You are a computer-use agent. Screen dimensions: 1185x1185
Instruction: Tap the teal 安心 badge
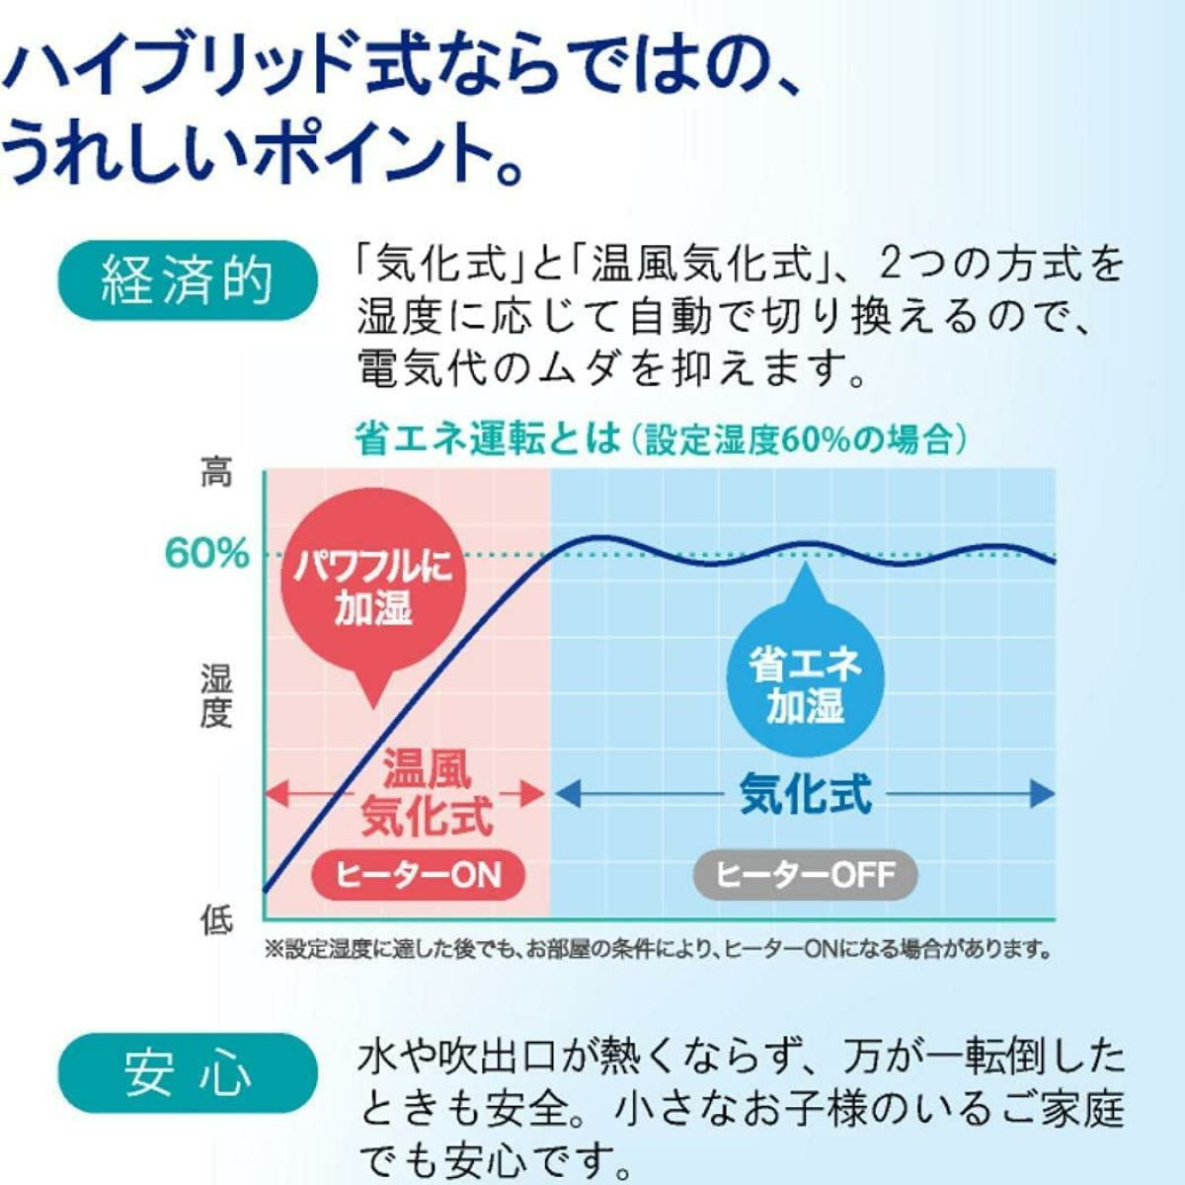tap(187, 1072)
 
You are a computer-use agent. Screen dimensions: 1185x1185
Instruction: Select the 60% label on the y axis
tap(206, 554)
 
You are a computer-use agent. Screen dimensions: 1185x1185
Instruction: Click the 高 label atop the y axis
tap(216, 473)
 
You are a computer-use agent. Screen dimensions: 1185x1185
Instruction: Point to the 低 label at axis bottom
tap(216, 920)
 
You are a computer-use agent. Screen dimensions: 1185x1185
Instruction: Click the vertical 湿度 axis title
tap(216, 695)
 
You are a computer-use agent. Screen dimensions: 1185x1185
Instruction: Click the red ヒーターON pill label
tap(418, 874)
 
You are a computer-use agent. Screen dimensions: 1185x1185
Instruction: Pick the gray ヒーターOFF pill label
tap(805, 874)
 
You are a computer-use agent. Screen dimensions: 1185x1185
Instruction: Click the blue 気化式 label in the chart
tap(805, 793)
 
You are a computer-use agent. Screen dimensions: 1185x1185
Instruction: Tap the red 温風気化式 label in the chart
tap(427, 792)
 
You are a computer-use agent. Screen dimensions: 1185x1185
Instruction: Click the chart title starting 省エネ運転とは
tap(659, 438)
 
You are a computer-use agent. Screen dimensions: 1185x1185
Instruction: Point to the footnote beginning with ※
tap(656, 950)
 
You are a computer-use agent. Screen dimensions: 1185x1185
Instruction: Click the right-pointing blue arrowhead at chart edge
tap(1042, 793)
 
